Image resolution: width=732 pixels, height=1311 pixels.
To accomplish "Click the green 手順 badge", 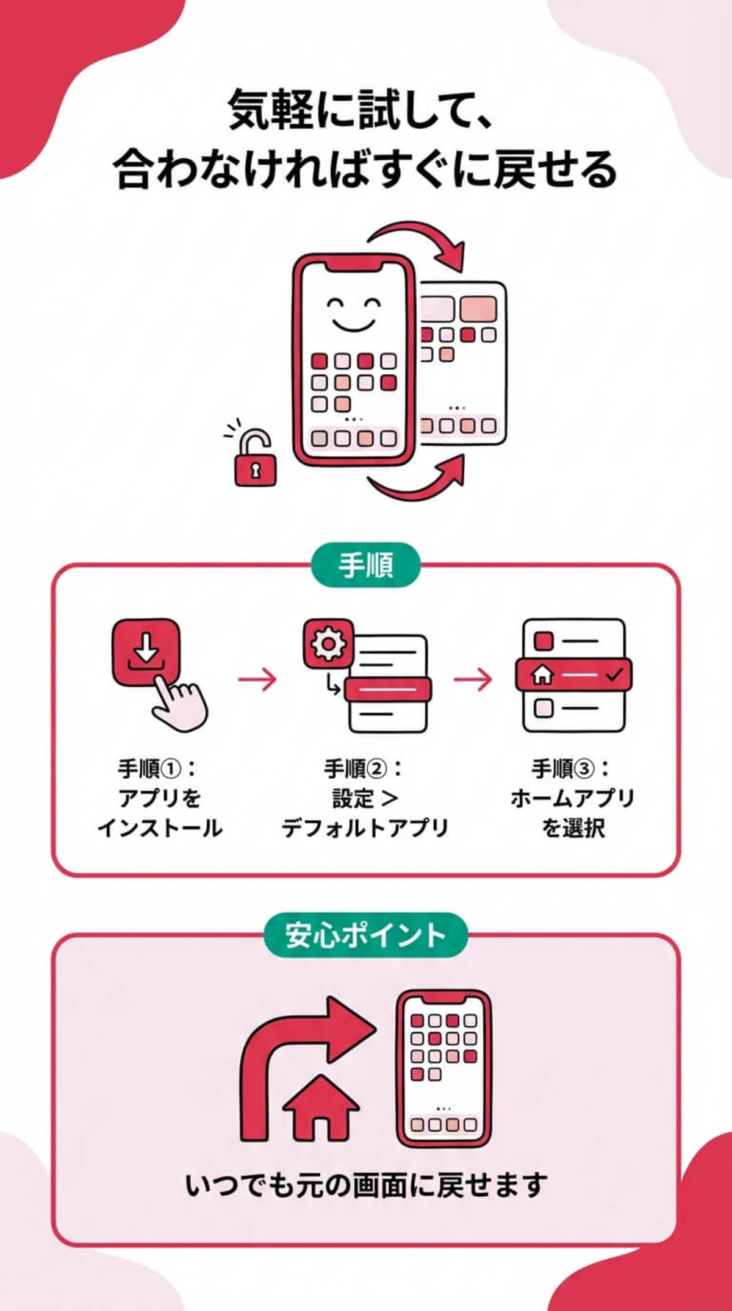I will tap(365, 565).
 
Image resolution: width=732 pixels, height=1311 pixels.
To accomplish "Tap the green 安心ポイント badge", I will tap(365, 935).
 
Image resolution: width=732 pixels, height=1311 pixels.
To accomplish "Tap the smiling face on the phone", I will tap(353, 313).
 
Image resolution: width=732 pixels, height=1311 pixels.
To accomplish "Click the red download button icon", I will tap(146, 652).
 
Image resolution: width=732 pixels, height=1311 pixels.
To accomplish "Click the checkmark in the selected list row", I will tap(613, 675).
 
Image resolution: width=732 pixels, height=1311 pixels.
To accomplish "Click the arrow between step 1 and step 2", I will tap(257, 679).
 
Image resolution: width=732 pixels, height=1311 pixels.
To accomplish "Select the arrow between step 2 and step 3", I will tap(473, 679).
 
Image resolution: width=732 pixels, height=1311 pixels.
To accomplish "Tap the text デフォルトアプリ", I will tap(365, 828).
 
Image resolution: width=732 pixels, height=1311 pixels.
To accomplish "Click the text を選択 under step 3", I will tap(573, 828).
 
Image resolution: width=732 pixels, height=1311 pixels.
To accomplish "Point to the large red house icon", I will tap(321, 1107).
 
